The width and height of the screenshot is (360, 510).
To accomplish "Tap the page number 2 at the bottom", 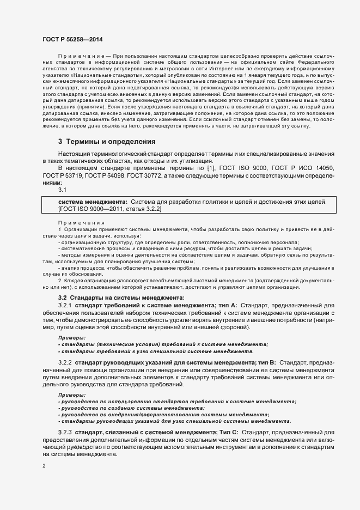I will click(44, 466).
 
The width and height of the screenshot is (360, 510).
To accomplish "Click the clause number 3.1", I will click(62, 190).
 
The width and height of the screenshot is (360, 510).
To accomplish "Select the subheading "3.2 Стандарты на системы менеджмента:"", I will click(121, 297).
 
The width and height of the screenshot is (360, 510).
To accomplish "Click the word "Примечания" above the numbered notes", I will click(81, 223).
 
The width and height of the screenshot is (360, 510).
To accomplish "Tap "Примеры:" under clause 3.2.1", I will click(71, 338).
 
